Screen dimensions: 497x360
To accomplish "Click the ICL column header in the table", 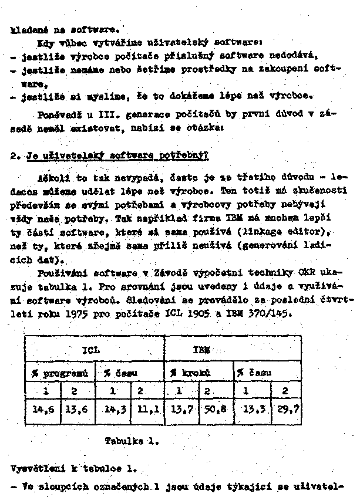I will pos(93,350).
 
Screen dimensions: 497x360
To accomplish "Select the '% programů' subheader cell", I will pos(60,373).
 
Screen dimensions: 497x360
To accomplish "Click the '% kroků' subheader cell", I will pos(187,373).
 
